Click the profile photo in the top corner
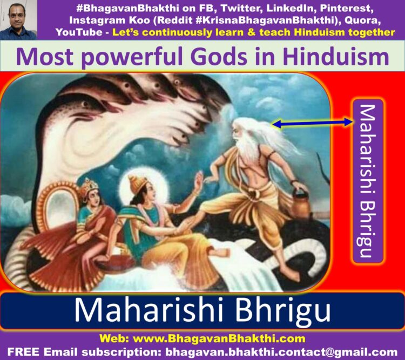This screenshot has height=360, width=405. [x=18, y=20]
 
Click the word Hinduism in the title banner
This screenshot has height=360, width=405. [x=335, y=57]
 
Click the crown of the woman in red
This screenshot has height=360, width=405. [x=89, y=186]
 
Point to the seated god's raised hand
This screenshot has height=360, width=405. [x=198, y=182]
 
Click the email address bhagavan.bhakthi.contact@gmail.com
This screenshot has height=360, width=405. [x=281, y=352]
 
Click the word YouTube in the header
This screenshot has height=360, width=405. [x=79, y=32]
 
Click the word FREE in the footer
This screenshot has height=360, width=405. [x=24, y=352]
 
